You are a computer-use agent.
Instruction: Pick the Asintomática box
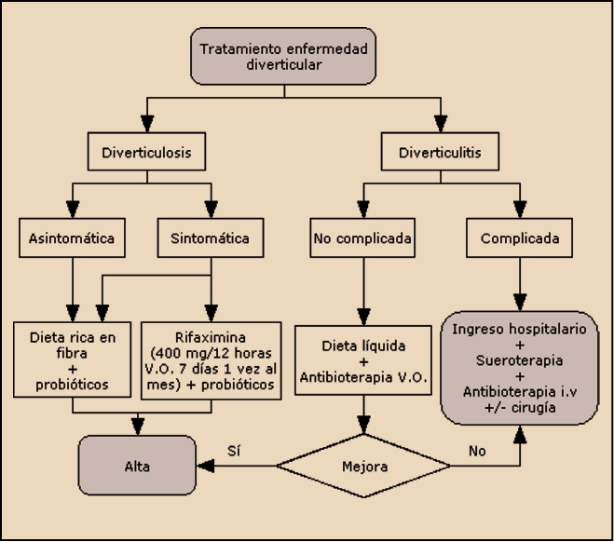pos(73,237)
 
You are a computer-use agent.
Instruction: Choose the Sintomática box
pos(211,237)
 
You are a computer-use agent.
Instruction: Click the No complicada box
pos(363,237)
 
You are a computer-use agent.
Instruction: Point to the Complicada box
pos(520,237)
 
